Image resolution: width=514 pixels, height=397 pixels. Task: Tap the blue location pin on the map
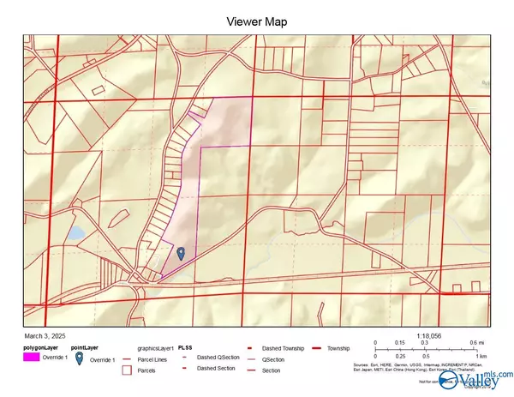pyautogui.click(x=181, y=253)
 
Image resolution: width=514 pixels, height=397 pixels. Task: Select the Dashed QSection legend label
pyautogui.click(x=218, y=357)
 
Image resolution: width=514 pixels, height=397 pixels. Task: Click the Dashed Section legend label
pyautogui.click(x=215, y=369)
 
